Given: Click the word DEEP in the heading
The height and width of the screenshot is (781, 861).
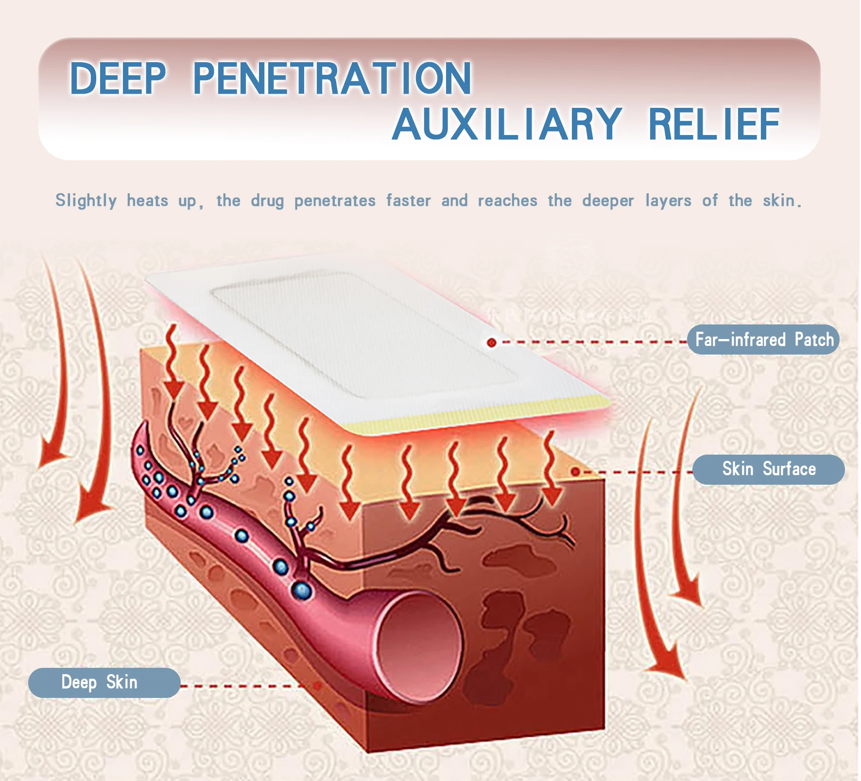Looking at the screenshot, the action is [x=118, y=78].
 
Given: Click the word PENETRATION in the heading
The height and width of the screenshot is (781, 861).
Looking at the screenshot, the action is [x=332, y=78].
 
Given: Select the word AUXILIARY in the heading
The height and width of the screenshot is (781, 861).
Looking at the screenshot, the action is [x=507, y=124].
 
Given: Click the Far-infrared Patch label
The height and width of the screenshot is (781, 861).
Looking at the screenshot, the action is [x=763, y=340].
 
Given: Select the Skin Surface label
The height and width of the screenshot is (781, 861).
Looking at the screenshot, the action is [x=768, y=469].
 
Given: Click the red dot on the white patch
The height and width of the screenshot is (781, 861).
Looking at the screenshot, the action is [x=491, y=342].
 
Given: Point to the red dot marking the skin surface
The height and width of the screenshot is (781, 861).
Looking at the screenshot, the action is [x=575, y=471].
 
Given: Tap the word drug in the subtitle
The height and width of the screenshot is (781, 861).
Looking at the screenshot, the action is [x=267, y=201].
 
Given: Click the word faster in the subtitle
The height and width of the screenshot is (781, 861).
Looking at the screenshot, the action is [x=408, y=201].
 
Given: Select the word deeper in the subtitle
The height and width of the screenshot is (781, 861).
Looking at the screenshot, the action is [x=608, y=201].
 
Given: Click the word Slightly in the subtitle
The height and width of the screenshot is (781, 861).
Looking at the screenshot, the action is [x=86, y=201].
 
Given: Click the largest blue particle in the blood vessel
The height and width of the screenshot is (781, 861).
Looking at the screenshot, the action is [x=302, y=591].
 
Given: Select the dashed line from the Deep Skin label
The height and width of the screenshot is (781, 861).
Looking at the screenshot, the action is [x=243, y=686].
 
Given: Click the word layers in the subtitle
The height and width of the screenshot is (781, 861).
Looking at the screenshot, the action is [x=668, y=201].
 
